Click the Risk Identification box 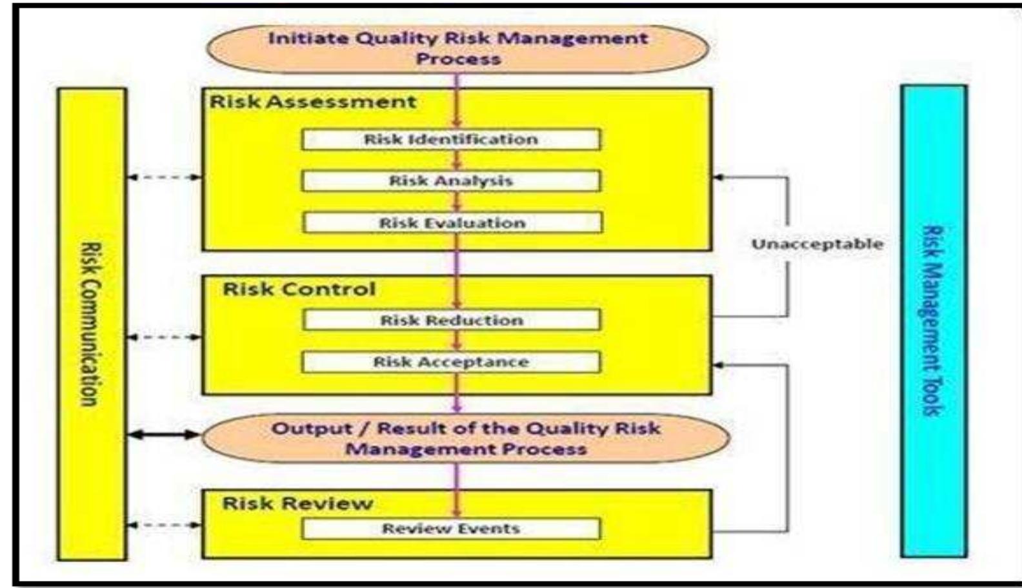[x=451, y=139]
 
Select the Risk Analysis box [x=451, y=181]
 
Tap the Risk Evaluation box [x=452, y=223]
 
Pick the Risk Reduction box [x=452, y=320]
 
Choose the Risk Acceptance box [x=451, y=362]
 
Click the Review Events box [x=451, y=529]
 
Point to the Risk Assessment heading [x=313, y=102]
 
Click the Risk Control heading [x=299, y=289]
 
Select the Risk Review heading [x=297, y=503]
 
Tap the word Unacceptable [x=817, y=244]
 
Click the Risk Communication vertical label [x=92, y=324]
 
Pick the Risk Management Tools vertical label [x=933, y=320]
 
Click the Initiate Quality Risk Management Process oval [x=457, y=48]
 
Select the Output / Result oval [x=465, y=438]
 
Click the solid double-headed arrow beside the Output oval [x=164, y=435]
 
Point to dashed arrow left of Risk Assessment [x=164, y=177]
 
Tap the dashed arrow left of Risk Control [x=164, y=337]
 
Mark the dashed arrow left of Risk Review [x=164, y=525]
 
